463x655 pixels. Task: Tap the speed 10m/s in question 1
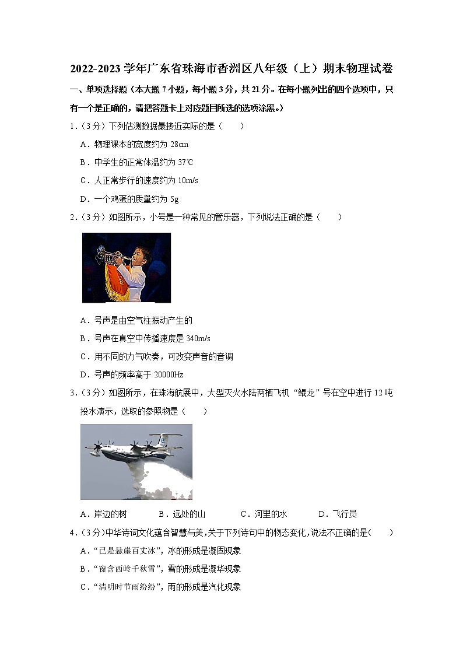coord(187,180)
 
